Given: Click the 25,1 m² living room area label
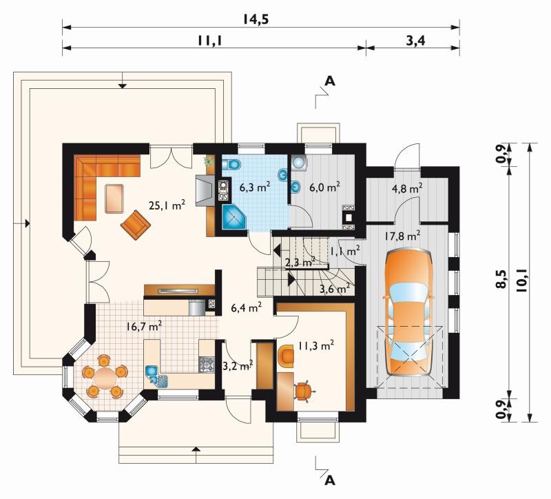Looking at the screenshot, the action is tap(167, 205).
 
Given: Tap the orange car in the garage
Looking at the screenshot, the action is tap(409, 314).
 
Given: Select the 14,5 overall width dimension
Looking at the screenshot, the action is tap(256, 19).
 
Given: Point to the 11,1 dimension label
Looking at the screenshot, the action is tap(210, 41).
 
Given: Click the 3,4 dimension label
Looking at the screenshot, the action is tap(416, 41).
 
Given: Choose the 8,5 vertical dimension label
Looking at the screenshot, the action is tap(502, 279).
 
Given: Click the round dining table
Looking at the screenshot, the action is tap(104, 376).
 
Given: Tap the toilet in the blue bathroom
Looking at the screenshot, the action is tap(231, 164).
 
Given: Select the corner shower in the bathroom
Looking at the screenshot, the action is tap(234, 217).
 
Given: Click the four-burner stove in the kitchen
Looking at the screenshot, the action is tap(207, 365).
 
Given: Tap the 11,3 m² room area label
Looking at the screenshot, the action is tap(316, 346).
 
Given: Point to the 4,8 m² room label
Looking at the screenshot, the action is tap(407, 188).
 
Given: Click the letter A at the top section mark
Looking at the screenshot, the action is tap(330, 81).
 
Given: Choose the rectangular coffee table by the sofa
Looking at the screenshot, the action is tap(114, 198).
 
